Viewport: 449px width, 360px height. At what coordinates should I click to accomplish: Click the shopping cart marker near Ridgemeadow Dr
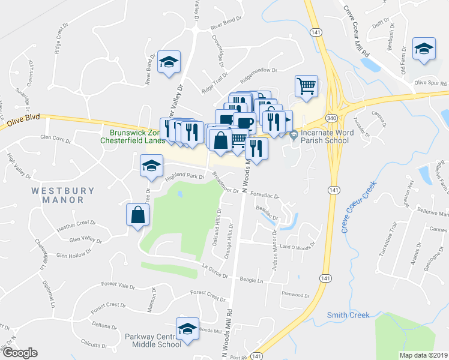click(x=306, y=86)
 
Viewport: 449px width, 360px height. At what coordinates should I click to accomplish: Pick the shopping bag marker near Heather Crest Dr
click(x=138, y=215)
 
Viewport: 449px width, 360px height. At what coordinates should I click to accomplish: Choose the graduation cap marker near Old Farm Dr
click(x=424, y=50)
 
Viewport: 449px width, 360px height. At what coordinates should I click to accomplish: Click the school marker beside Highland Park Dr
click(x=151, y=166)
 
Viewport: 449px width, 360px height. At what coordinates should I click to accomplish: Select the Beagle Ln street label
click(x=251, y=280)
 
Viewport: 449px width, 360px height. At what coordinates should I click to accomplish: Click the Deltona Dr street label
click(x=104, y=326)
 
